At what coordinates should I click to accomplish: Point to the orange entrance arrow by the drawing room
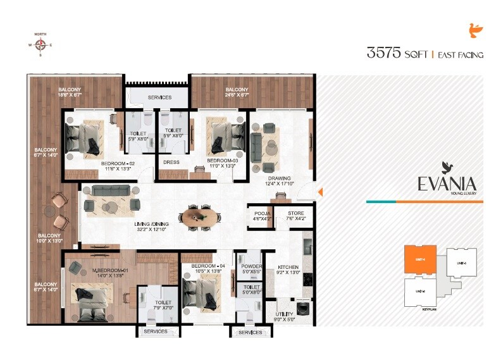click(x=320, y=192)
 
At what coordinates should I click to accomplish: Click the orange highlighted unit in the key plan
click(x=420, y=259)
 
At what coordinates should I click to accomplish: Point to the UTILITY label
click(x=284, y=314)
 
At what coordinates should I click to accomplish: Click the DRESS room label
click(x=171, y=163)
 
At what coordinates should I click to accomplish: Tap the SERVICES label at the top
click(x=159, y=97)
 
